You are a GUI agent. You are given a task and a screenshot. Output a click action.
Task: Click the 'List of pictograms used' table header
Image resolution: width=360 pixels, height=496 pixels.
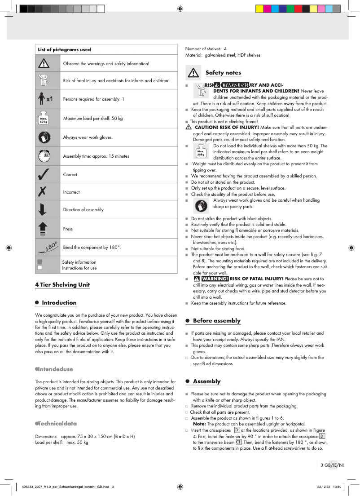tap(64, 49)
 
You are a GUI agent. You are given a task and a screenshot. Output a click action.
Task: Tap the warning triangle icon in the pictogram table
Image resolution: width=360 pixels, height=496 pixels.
tap(44, 64)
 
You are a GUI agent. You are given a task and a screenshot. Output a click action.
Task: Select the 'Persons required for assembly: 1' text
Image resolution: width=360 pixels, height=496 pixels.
tap(93, 99)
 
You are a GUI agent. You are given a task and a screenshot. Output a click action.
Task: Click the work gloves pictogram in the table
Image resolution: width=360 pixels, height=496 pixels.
tap(44, 137)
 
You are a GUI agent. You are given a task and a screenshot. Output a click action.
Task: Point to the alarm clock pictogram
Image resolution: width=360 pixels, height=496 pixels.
tap(44, 156)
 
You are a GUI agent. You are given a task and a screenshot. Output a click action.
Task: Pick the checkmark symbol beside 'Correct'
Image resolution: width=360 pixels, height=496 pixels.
tap(44, 175)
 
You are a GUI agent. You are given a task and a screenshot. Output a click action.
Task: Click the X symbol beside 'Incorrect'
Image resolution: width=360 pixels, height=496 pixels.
tap(43, 192)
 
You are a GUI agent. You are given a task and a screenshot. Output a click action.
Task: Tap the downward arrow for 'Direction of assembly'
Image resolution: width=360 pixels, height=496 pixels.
tap(43, 210)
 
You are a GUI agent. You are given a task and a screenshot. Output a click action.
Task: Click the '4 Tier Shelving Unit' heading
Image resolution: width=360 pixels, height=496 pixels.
tap(62, 284)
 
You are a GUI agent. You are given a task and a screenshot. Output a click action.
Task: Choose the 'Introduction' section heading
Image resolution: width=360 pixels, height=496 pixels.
tap(59, 302)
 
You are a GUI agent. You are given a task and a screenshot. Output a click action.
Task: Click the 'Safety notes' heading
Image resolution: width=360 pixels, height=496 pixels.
tap(223, 72)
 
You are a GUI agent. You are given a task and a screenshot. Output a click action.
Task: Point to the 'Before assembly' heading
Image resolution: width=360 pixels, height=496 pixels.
tap(217, 320)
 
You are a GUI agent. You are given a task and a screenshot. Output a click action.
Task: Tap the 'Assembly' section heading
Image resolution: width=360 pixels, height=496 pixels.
tap(206, 381)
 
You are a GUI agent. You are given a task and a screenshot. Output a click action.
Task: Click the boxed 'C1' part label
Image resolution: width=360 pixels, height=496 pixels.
tap(239, 442)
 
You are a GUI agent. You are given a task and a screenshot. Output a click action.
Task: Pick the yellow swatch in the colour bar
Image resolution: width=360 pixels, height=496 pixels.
tap(259, 9)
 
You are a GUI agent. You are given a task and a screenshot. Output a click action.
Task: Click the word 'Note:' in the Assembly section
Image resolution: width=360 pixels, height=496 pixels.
tap(199, 424)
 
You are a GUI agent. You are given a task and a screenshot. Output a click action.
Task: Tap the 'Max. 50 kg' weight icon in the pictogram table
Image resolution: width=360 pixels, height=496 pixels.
tap(44, 118)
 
